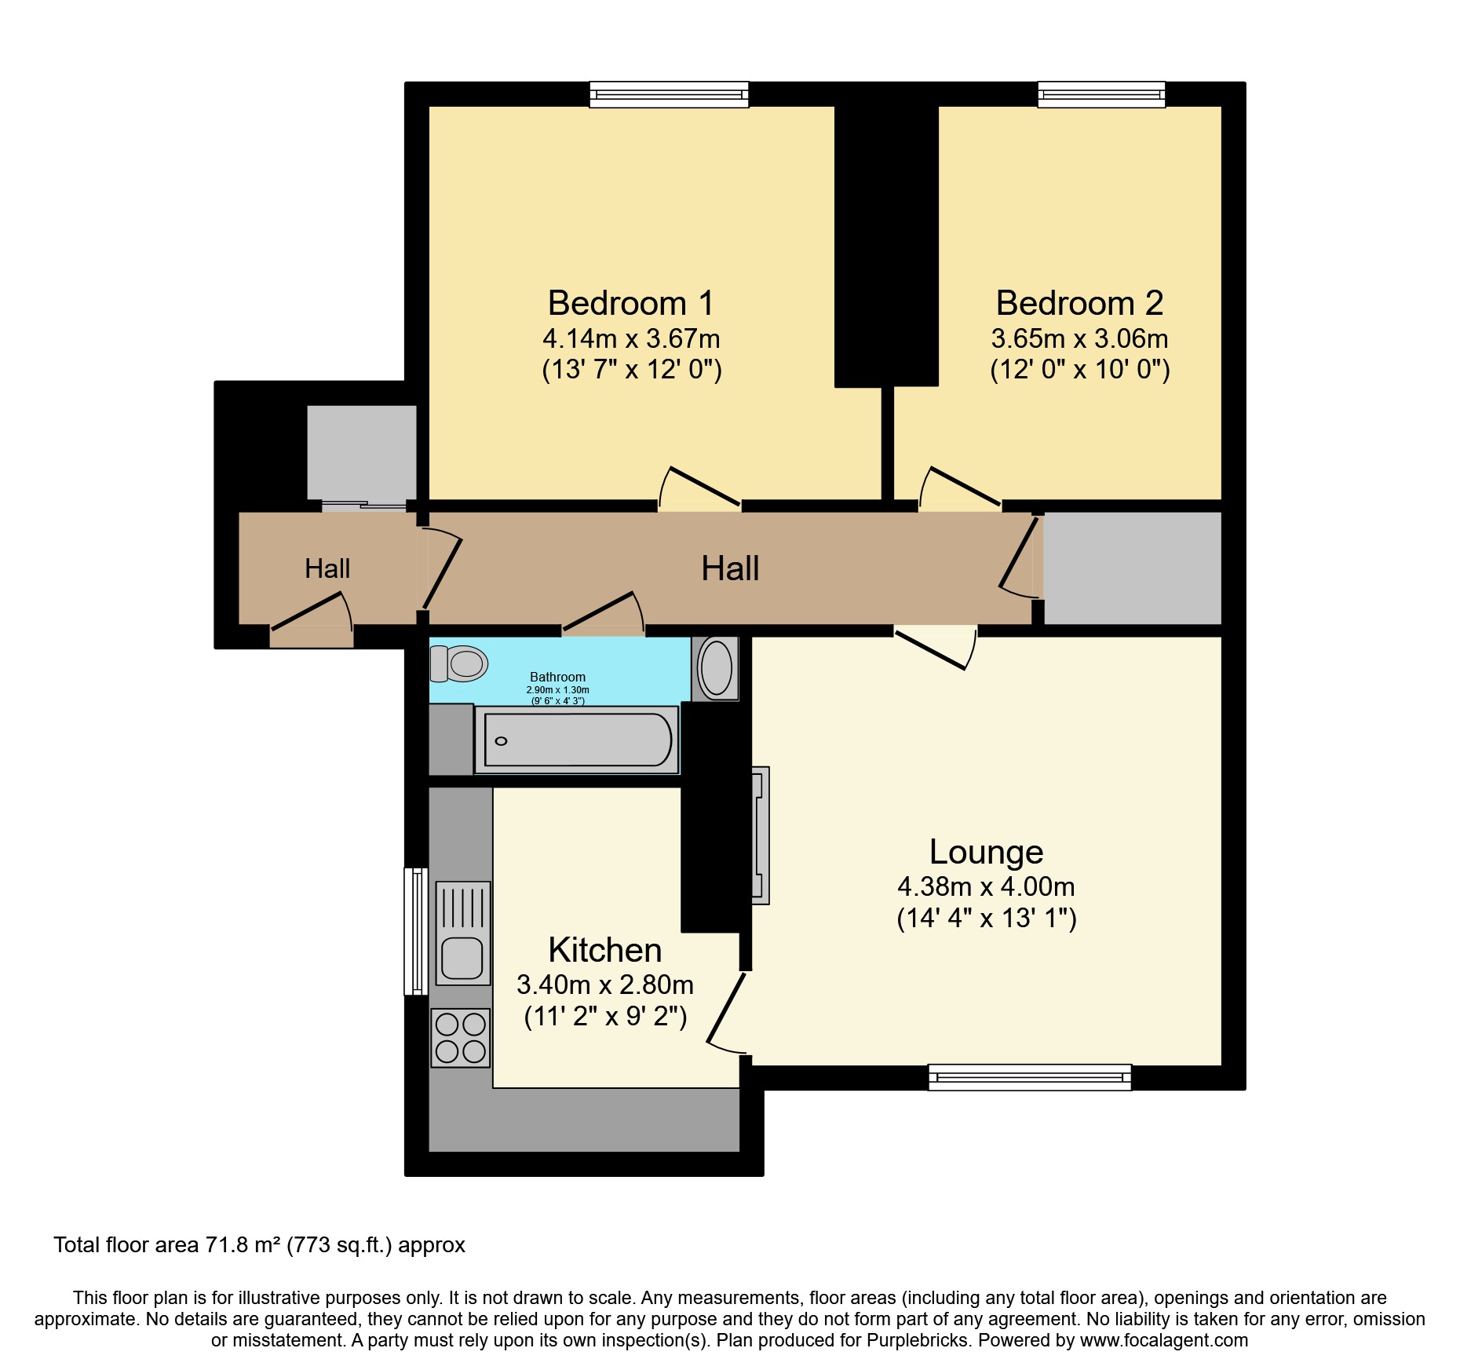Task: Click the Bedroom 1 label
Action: point(631,303)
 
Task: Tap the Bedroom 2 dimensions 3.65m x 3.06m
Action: point(1079,339)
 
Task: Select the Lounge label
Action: point(986,852)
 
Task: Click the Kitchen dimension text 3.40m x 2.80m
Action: point(604,985)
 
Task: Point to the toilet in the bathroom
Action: point(459,664)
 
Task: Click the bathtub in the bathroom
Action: point(577,740)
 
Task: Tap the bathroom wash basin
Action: point(715,669)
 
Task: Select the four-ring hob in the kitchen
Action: point(461,1038)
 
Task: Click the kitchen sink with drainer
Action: point(462,933)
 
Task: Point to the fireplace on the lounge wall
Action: point(759,835)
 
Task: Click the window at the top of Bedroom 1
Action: point(669,95)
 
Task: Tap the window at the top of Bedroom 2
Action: point(1101,95)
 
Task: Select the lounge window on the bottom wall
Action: point(1029,1077)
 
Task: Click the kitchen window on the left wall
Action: point(416,931)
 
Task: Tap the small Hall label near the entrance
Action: point(327,568)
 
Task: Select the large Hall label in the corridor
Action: point(730,568)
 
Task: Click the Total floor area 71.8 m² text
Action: point(259,1245)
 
